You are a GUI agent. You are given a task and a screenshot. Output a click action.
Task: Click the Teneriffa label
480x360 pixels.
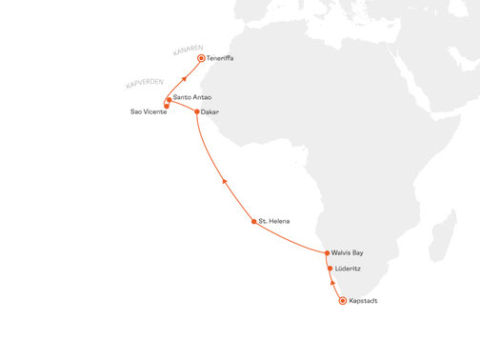click(222, 58)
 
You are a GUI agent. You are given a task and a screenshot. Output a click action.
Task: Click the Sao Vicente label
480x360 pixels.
click(149, 112)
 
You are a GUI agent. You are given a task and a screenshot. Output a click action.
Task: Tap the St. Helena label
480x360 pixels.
click(274, 221)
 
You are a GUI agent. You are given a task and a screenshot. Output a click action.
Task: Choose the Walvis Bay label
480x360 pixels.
click(348, 253)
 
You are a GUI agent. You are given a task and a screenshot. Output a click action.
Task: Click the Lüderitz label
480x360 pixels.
click(349, 269)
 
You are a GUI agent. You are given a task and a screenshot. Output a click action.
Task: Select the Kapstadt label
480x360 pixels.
click(364, 302)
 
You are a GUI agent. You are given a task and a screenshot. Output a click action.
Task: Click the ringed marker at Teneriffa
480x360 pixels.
click(200, 58)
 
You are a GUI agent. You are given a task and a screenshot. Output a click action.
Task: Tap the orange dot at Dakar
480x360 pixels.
click(197, 111)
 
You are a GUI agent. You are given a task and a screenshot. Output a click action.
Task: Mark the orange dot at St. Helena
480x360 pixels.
click(253, 221)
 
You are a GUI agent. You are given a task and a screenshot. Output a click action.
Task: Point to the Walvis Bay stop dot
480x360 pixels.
click(327, 253)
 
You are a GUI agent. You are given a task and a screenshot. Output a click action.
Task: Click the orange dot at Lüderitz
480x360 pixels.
click(330, 269)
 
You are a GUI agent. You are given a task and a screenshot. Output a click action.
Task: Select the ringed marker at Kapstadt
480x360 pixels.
click(343, 302)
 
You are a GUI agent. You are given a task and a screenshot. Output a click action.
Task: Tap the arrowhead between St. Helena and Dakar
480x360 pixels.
click(223, 179)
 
